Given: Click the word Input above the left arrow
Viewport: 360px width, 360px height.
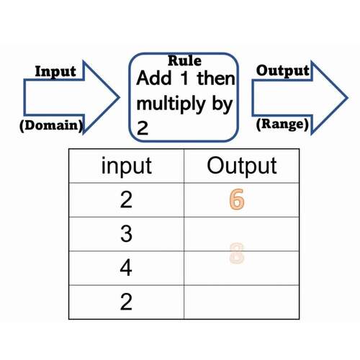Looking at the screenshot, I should coord(55,72).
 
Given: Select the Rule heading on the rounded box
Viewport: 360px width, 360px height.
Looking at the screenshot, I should coord(184,61).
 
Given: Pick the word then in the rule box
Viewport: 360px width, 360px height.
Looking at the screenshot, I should coord(215,78).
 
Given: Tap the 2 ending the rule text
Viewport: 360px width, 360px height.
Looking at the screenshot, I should coord(143,129).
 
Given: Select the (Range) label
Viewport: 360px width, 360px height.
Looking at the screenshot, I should coord(283,125).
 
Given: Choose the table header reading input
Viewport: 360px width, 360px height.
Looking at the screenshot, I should coord(126,166).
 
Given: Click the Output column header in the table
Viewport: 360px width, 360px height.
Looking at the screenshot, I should coord(242,166).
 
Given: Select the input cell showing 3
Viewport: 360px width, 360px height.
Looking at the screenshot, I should coord(126,235).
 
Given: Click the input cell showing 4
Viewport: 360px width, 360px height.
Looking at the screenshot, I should coord(126,269).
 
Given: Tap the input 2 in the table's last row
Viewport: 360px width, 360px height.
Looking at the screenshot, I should coord(126,302).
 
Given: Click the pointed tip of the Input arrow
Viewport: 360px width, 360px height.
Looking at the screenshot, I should coord(120,97).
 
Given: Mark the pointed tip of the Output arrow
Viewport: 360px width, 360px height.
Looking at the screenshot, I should coord(348,97).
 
